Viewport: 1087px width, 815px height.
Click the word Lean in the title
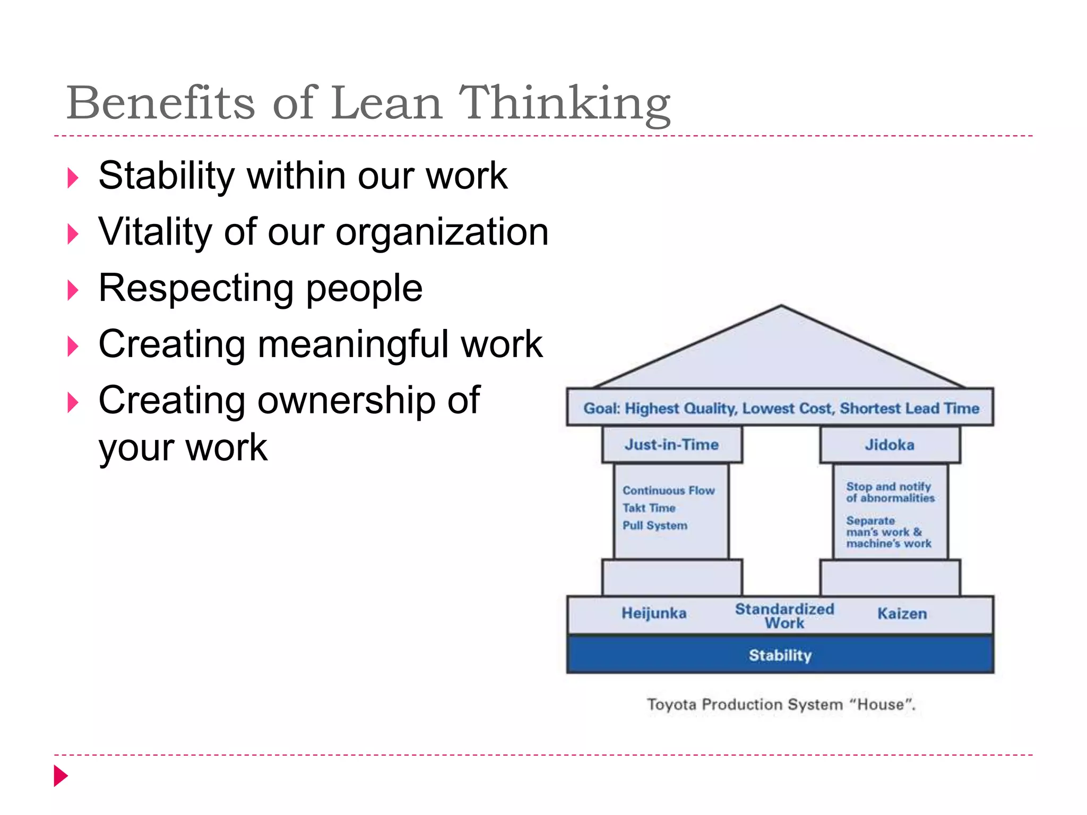(387, 103)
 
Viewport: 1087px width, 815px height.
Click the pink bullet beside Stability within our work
(73, 178)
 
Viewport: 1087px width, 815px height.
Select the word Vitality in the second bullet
(155, 232)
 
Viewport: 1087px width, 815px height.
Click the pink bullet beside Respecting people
(73, 290)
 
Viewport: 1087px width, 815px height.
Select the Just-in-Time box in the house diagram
(671, 445)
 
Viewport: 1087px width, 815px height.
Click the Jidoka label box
(890, 445)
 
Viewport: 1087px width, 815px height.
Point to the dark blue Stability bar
(780, 655)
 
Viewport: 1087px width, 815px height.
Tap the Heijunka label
(654, 613)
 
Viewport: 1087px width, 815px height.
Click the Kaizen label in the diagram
(902, 614)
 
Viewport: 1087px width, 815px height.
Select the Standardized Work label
(784, 615)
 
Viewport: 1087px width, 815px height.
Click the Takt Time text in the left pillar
(649, 508)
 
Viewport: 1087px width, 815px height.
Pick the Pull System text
(655, 525)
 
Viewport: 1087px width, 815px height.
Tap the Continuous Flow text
(669, 490)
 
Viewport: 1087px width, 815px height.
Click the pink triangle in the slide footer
(61, 776)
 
